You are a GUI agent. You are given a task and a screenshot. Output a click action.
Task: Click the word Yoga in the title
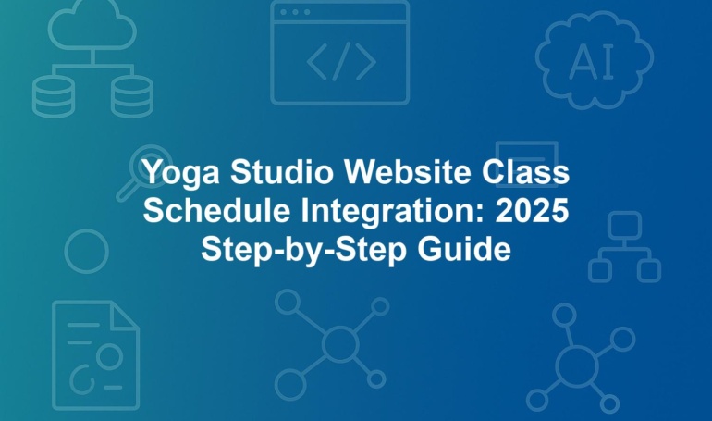coord(181,173)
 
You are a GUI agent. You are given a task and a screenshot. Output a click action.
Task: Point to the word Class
coord(525,172)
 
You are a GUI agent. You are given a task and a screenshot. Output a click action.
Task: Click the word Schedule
coord(216,210)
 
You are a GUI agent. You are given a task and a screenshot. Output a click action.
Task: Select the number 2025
coord(533,210)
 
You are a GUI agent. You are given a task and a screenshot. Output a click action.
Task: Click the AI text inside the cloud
coord(591,62)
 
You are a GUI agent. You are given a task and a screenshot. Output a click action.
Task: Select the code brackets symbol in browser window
coord(341,61)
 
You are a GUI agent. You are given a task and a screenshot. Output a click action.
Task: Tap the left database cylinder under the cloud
coord(53,97)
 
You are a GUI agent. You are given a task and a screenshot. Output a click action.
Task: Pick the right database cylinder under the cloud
coord(132,97)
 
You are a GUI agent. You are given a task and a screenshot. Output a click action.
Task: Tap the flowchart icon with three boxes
coord(625,246)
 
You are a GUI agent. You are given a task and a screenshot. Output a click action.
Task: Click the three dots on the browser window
coord(295,12)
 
